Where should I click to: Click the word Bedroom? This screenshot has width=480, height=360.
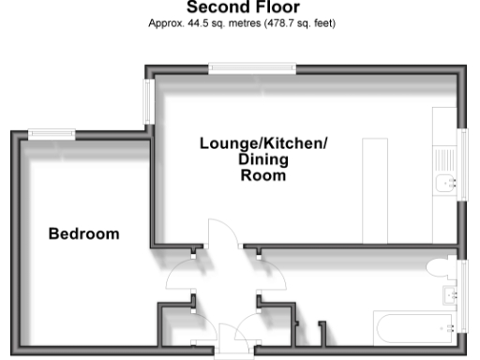84,233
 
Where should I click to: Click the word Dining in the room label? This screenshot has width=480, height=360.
262,159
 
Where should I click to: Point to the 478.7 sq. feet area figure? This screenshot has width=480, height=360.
303,22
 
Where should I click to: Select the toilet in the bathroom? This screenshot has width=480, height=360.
439,270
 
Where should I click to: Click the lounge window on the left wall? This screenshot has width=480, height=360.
147,101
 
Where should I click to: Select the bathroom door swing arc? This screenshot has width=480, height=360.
273,271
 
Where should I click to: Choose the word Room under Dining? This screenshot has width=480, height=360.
263,174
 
